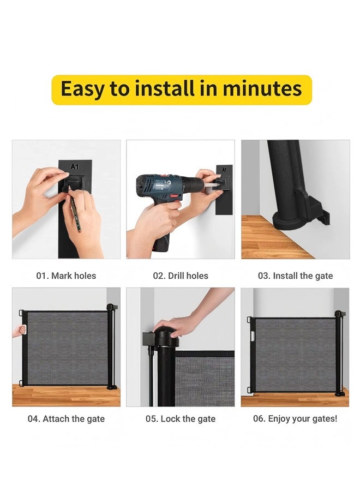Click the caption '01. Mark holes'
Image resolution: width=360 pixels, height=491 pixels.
tap(66, 276)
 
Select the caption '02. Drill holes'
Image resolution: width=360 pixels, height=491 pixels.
tap(181, 276)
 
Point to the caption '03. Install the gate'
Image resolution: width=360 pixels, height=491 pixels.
tap(295, 276)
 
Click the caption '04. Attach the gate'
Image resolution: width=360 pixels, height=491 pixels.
tap(66, 419)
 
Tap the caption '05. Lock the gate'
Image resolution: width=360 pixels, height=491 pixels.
tap(181, 419)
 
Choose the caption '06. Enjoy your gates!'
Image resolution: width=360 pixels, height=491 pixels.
tap(295, 419)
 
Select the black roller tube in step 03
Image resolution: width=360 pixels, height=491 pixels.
tap(285, 175)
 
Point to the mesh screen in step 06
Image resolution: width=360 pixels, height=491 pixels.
tap(295, 352)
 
